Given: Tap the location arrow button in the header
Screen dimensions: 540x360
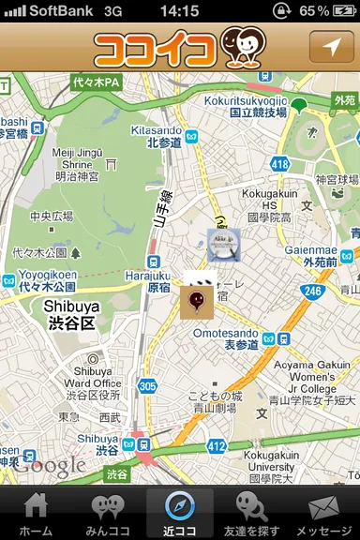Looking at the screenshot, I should click(x=332, y=46).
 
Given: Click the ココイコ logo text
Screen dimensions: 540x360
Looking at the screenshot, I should click(x=156, y=48).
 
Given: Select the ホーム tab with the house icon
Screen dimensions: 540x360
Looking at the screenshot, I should click(x=36, y=515).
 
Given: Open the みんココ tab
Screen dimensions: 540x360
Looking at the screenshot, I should click(x=108, y=515).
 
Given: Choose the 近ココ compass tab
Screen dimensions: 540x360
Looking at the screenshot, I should click(x=180, y=515).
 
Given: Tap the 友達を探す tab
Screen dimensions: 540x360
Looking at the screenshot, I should click(x=251, y=515).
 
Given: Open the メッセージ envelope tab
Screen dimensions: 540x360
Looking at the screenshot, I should click(x=323, y=515).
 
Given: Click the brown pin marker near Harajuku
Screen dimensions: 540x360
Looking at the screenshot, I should click(x=196, y=302).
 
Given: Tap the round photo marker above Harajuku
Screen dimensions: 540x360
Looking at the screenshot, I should click(x=224, y=245).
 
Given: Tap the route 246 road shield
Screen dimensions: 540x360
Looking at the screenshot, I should click(x=311, y=292).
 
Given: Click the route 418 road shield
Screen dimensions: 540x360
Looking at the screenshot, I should click(x=279, y=164).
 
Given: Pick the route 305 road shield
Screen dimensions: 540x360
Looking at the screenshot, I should click(x=146, y=385).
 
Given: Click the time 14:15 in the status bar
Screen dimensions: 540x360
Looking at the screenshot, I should click(x=179, y=10).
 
